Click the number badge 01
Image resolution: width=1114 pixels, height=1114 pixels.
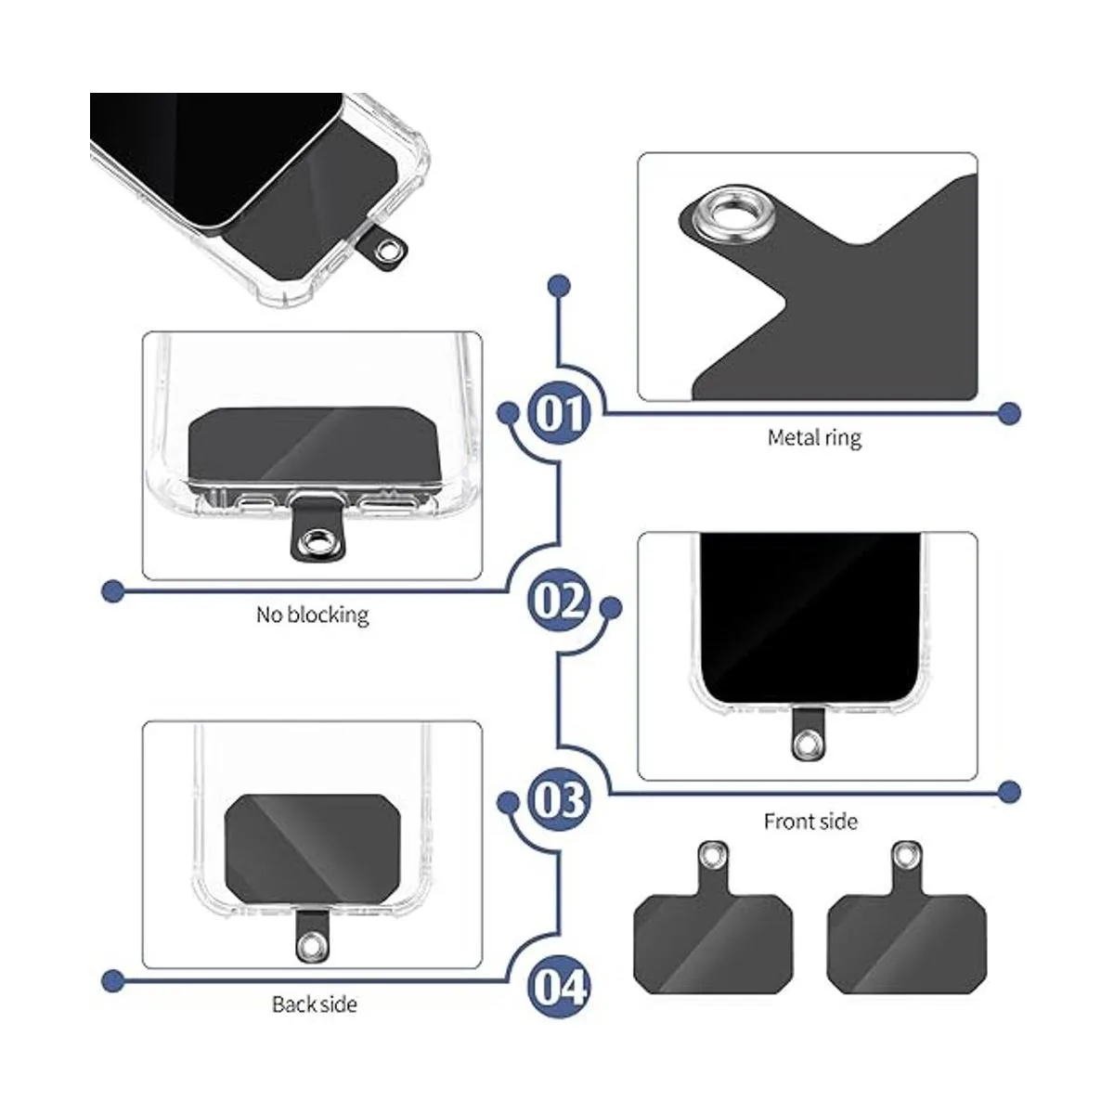coord(559,413)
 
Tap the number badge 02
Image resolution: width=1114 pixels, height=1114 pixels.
coord(559,601)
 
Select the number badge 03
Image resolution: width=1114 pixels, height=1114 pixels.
coord(559,798)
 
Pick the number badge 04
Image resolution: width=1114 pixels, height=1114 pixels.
coord(559,986)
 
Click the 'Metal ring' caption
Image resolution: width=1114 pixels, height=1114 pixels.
coord(814,437)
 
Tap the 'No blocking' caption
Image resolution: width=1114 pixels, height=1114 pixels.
coord(312,615)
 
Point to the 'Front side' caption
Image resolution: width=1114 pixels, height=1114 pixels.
coord(810,822)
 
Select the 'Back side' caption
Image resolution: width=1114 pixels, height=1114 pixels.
coord(314,1004)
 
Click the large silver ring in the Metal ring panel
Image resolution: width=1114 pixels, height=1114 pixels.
coord(718,216)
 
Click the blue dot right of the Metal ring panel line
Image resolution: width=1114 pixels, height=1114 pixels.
coord(1009,413)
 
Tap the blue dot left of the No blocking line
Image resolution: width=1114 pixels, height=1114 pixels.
coord(113,590)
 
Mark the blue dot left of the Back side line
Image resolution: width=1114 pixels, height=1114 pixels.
coord(113,979)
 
